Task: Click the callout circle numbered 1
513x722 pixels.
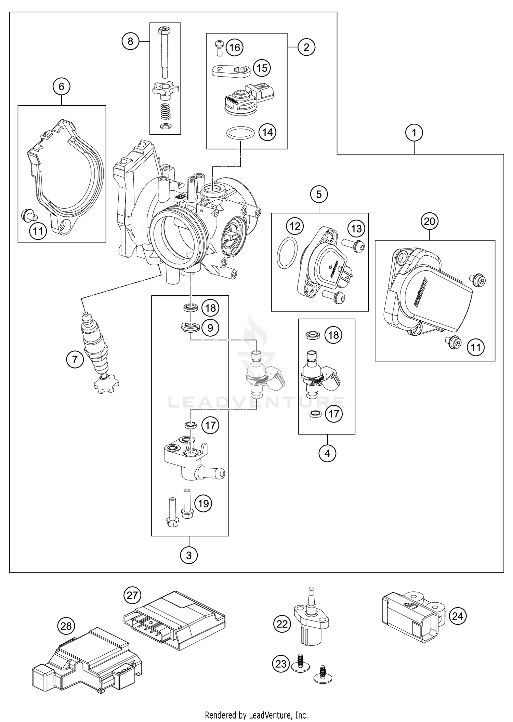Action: pyautogui.click(x=414, y=132)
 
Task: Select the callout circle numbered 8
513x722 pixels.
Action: pyautogui.click(x=130, y=41)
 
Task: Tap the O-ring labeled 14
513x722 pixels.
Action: pyautogui.click(x=240, y=133)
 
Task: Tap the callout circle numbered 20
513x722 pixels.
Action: pyautogui.click(x=430, y=222)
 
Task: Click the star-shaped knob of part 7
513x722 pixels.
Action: pyautogui.click(x=106, y=384)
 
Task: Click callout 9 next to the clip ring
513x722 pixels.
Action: pyautogui.click(x=210, y=328)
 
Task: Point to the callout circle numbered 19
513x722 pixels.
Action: pyautogui.click(x=203, y=504)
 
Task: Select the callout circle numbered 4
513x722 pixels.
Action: pyautogui.click(x=327, y=453)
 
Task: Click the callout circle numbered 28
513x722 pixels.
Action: pyautogui.click(x=66, y=626)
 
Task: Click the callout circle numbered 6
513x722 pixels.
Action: pyautogui.click(x=61, y=86)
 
